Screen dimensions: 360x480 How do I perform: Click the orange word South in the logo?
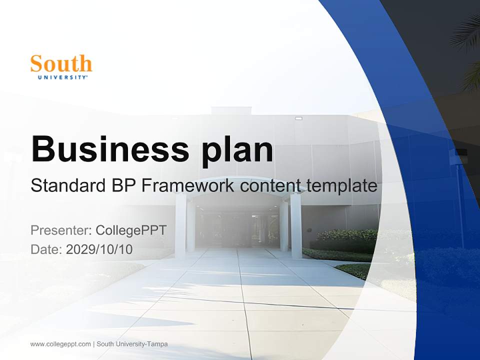coord(61,64)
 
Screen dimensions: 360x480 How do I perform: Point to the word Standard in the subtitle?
coord(68,186)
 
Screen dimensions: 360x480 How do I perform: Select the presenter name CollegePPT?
coord(131,230)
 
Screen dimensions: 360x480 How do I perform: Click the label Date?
coord(46,249)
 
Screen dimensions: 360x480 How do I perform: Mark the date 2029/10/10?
coord(99,249)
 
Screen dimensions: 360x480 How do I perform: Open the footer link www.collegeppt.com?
coord(60,344)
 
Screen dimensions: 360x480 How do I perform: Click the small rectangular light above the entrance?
coord(299,118)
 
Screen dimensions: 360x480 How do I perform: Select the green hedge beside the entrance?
coord(345,240)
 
